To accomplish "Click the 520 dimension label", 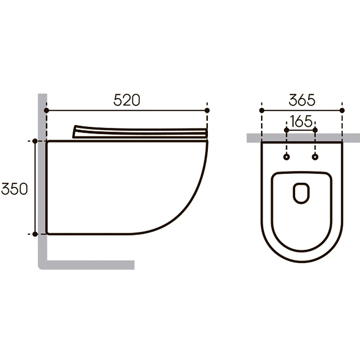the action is coord(127,100).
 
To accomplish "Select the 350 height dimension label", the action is coord(14,189).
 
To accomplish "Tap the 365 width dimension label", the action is coord(302,100).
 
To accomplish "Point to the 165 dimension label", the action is coord(301,121).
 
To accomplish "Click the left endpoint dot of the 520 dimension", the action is coord(46,110).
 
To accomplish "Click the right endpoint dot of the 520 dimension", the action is coord(207,110).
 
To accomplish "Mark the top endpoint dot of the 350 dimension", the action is coord(35,141).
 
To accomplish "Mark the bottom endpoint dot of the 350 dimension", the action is coord(35,234).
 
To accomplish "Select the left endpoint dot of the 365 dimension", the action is coord(262,110).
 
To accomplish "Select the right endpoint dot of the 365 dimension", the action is coord(342,110).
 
